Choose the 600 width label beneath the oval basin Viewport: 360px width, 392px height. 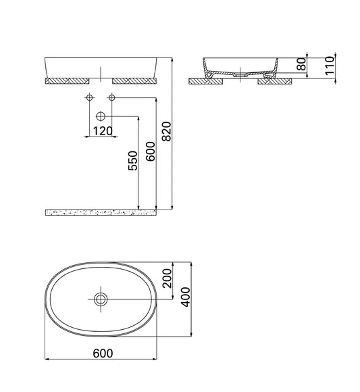[101, 354]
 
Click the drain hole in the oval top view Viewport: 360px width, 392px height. [101, 298]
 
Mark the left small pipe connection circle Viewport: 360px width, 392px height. [89, 99]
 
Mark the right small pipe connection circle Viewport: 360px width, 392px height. [113, 99]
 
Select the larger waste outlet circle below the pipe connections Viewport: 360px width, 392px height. [101, 116]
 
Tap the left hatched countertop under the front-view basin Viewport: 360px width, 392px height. [67, 80]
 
